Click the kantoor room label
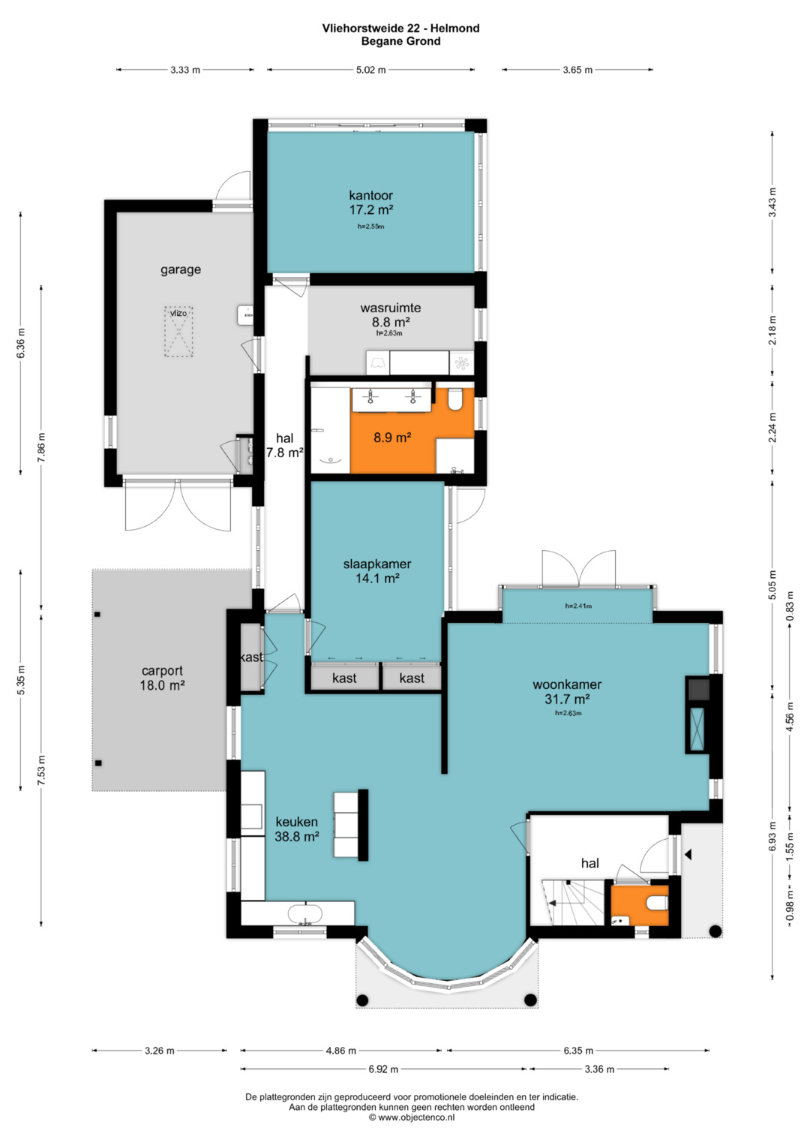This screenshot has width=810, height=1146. click(x=370, y=195)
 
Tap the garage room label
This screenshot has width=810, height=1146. click(x=181, y=269)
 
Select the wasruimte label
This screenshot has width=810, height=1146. click(x=391, y=308)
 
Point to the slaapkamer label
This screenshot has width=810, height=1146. click(x=376, y=564)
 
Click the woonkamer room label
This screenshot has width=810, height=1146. click(x=567, y=684)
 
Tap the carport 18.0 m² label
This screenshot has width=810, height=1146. click(x=162, y=678)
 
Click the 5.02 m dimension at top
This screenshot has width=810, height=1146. click(x=370, y=70)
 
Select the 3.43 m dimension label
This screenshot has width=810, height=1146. click(x=772, y=203)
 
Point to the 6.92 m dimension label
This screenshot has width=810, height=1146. click(x=383, y=1069)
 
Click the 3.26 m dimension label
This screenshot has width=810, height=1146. click(x=160, y=1051)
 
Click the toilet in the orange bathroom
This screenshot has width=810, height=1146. click(x=454, y=399)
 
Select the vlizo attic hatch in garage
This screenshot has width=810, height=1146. click(x=178, y=331)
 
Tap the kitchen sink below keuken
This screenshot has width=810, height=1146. click(x=304, y=914)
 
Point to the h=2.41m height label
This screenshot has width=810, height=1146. click(x=578, y=606)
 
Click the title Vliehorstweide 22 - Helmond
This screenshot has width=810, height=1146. click(x=401, y=28)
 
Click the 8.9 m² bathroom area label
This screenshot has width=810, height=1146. click(x=393, y=438)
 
